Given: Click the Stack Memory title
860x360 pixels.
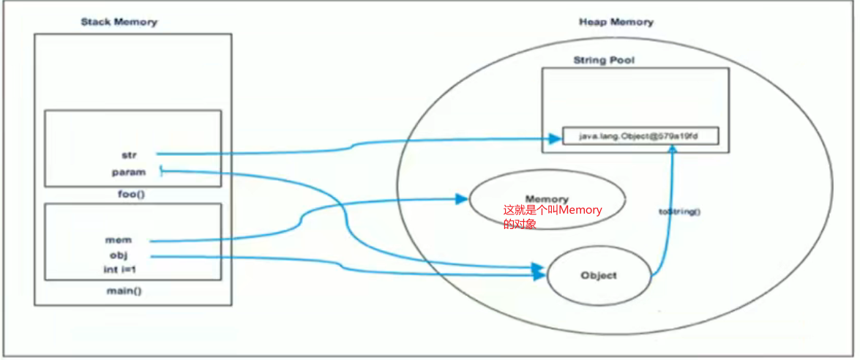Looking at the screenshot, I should point(119,22).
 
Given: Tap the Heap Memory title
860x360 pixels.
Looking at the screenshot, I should point(616,22).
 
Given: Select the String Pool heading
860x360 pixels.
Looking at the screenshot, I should point(604,60).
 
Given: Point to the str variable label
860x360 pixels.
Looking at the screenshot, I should point(129,154).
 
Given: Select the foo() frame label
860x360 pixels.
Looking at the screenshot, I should point(132,195).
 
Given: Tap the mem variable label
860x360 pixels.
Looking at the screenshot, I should point(118,239).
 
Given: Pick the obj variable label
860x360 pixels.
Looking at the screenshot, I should point(119,255).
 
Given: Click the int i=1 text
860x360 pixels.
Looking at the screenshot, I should point(121,270).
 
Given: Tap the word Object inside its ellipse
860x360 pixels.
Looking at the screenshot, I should point(598,276).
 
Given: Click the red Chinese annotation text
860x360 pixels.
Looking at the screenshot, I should point(552,217).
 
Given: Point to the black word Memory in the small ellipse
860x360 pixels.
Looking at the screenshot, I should point(546,199).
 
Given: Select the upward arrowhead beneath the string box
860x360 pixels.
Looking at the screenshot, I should point(670,149).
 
